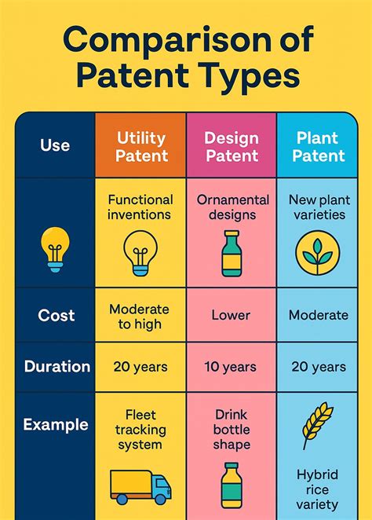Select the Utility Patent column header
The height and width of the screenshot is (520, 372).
point(141,146)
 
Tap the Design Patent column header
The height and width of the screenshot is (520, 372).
point(231,146)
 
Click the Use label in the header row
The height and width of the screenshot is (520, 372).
point(55,145)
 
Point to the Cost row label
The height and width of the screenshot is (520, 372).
point(57,316)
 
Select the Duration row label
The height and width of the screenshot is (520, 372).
point(57,366)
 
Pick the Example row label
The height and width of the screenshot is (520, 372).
point(56,424)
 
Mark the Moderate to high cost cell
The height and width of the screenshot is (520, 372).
point(140,316)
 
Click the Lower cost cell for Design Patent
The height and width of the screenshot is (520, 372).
point(231,316)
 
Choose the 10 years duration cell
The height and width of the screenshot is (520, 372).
point(231,367)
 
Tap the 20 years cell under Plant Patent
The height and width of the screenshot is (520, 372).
point(318,367)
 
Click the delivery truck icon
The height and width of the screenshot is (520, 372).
point(140,486)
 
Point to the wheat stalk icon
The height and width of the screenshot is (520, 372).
point(317,427)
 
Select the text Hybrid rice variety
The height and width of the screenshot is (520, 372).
point(317,489)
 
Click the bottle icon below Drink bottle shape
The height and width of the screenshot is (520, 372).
point(231,485)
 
